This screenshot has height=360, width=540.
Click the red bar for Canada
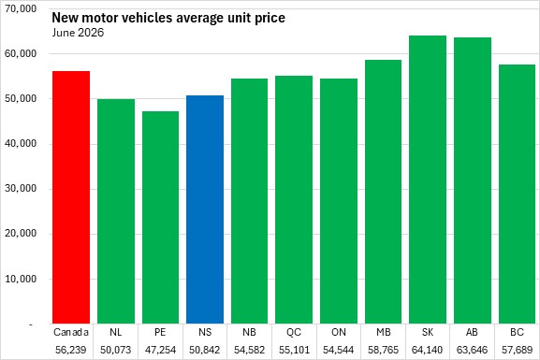coord(71,197)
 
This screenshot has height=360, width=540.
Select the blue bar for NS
coord(205,209)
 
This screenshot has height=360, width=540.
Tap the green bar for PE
coord(160,218)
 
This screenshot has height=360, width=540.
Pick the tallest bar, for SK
coord(428,180)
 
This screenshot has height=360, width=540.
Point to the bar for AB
coord(473,180)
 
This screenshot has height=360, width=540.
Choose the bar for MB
coord(384,192)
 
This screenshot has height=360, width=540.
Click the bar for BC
coord(517,194)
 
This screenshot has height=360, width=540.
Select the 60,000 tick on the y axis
coord(21,53)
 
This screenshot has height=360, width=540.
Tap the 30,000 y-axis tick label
coord(21,189)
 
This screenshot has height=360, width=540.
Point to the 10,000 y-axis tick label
coord(21,279)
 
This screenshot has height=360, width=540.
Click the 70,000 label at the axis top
coord(21,8)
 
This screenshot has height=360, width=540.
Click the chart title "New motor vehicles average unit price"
coord(168,18)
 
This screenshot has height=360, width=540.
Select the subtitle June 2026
coord(78,33)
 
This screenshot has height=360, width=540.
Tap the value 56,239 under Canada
coord(71,350)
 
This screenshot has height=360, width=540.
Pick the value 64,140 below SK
coord(428,350)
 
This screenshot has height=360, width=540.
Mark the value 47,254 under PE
coord(160,350)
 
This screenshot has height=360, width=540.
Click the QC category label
coord(294,332)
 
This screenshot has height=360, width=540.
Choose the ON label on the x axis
coord(339,332)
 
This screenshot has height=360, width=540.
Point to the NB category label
coord(249,332)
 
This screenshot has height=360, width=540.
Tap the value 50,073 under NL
coord(116,350)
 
